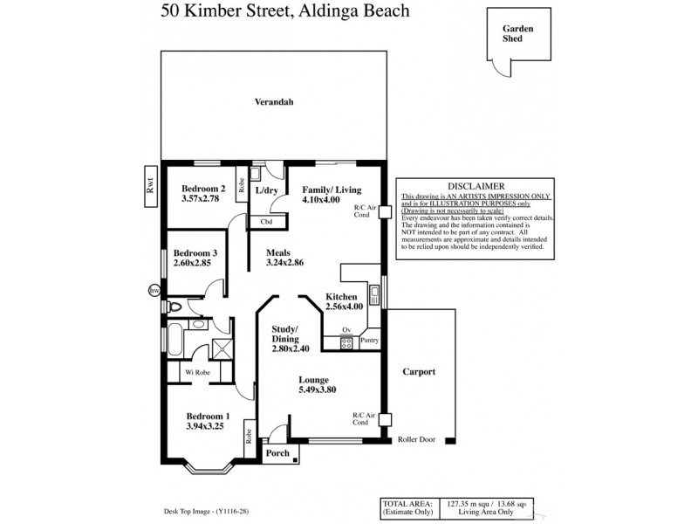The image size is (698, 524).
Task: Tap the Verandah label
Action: pyautogui.click(x=273, y=102)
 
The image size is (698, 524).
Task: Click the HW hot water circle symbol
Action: pyautogui.click(x=154, y=289)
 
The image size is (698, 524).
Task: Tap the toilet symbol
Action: pyautogui.click(x=178, y=307)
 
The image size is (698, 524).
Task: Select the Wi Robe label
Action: pyautogui.click(x=196, y=372)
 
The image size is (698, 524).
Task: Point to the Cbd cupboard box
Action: pyautogui.click(x=266, y=221)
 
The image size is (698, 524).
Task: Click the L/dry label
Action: pyautogui.click(x=266, y=190)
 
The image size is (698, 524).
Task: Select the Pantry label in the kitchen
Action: pyautogui.click(x=370, y=341)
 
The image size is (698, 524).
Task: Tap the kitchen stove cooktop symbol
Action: pyautogui.click(x=347, y=342)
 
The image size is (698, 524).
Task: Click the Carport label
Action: pyautogui.click(x=418, y=372)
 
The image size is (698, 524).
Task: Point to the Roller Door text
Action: pyautogui.click(x=416, y=440)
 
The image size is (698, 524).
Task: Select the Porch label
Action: pyautogui.click(x=277, y=453)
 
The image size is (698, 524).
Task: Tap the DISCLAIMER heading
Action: pyautogui.click(x=475, y=186)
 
